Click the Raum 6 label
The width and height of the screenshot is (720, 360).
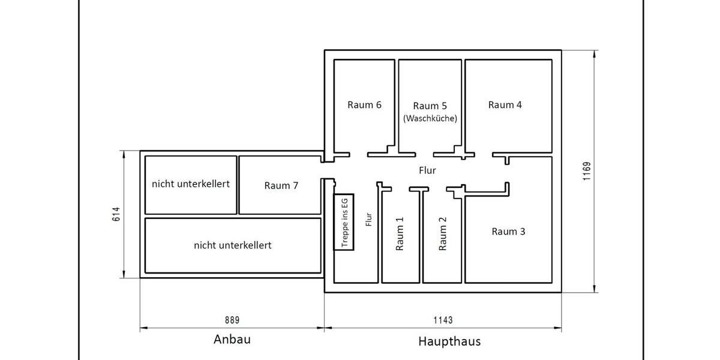pyautogui.click(x=364, y=104)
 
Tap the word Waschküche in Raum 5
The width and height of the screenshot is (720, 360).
pyautogui.click(x=430, y=118)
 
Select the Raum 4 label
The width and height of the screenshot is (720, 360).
pyautogui.click(x=505, y=104)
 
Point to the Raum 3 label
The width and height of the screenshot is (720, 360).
pyautogui.click(x=508, y=231)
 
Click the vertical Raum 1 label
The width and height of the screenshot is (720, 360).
pyautogui.click(x=400, y=234)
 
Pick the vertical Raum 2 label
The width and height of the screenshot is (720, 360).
pyautogui.click(x=443, y=234)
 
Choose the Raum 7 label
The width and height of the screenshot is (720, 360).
pyautogui.click(x=281, y=185)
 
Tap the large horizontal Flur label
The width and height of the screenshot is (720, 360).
pyautogui.click(x=427, y=170)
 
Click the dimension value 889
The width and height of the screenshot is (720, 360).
pyautogui.click(x=232, y=320)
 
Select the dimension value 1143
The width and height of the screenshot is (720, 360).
pyautogui.click(x=443, y=320)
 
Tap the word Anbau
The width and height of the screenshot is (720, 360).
pyautogui.click(x=232, y=340)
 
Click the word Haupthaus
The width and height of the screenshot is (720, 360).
pyautogui.click(x=449, y=342)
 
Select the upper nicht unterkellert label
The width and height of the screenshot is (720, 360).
pyautogui.click(x=190, y=184)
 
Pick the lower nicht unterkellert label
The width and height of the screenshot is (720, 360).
pyautogui.click(x=232, y=245)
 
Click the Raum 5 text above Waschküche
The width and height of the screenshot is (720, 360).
pyautogui.click(x=430, y=106)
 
